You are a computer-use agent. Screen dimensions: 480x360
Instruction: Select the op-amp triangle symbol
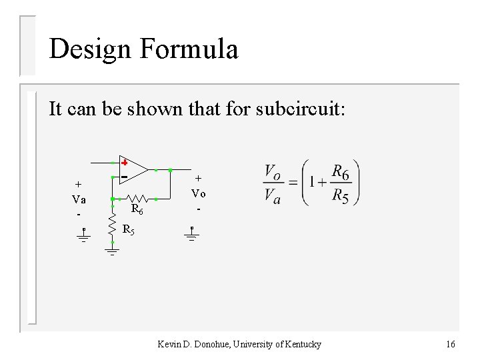coord(133,170)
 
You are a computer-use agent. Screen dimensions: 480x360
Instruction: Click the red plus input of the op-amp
coord(124,163)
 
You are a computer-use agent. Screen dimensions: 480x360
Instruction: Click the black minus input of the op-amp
coord(124,177)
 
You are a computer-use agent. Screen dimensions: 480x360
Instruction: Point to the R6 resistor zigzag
coord(137,199)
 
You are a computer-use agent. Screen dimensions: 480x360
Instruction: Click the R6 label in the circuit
coord(137,210)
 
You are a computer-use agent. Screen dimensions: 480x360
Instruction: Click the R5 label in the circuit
coord(129,231)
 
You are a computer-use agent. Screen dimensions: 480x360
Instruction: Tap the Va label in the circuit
coord(79,199)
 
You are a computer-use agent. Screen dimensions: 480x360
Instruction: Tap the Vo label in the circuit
coord(198,193)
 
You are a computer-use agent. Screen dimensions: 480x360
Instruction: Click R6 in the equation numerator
coord(340,173)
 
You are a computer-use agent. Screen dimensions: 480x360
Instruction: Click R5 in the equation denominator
coord(340,196)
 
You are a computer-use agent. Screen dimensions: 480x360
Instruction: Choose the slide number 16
coord(451,344)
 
